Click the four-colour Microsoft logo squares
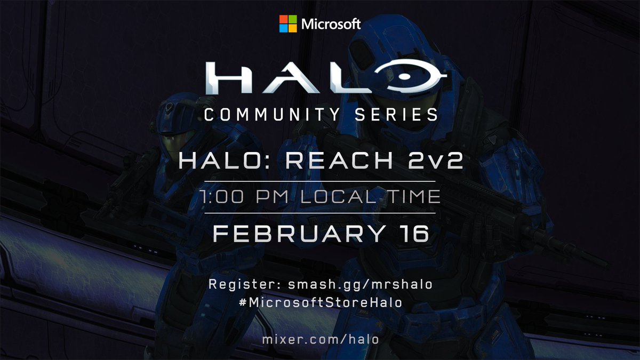(289, 23)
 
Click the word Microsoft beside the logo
(331, 24)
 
